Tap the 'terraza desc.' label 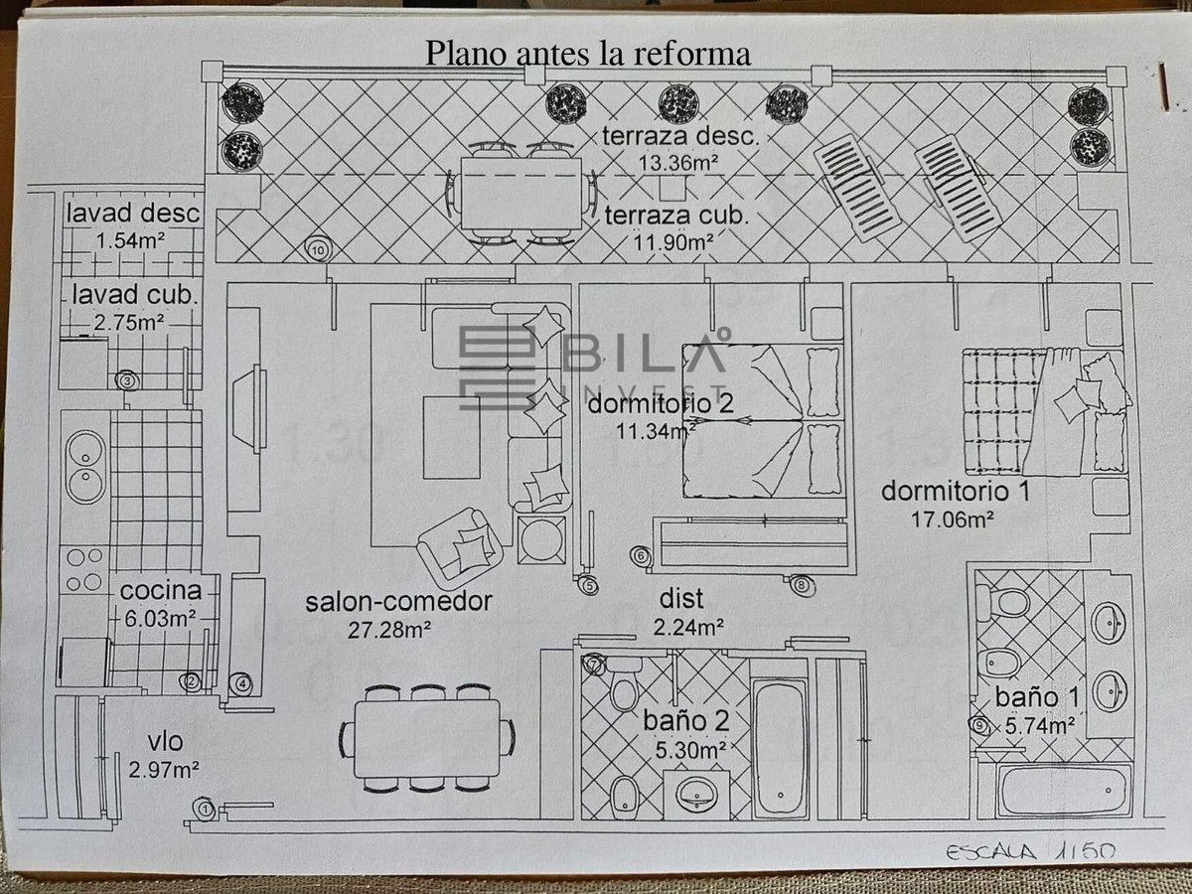pos(680,137)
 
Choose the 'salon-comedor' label pos(398,602)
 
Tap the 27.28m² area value pos(389,629)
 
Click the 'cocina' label pos(154,591)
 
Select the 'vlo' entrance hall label pos(165,743)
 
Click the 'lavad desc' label pos(134,213)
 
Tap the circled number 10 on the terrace pos(317,249)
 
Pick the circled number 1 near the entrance pos(206,810)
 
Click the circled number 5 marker pos(590,586)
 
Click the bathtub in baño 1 pos(1064,791)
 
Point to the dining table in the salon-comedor pos(427,738)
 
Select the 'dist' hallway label pos(680,599)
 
